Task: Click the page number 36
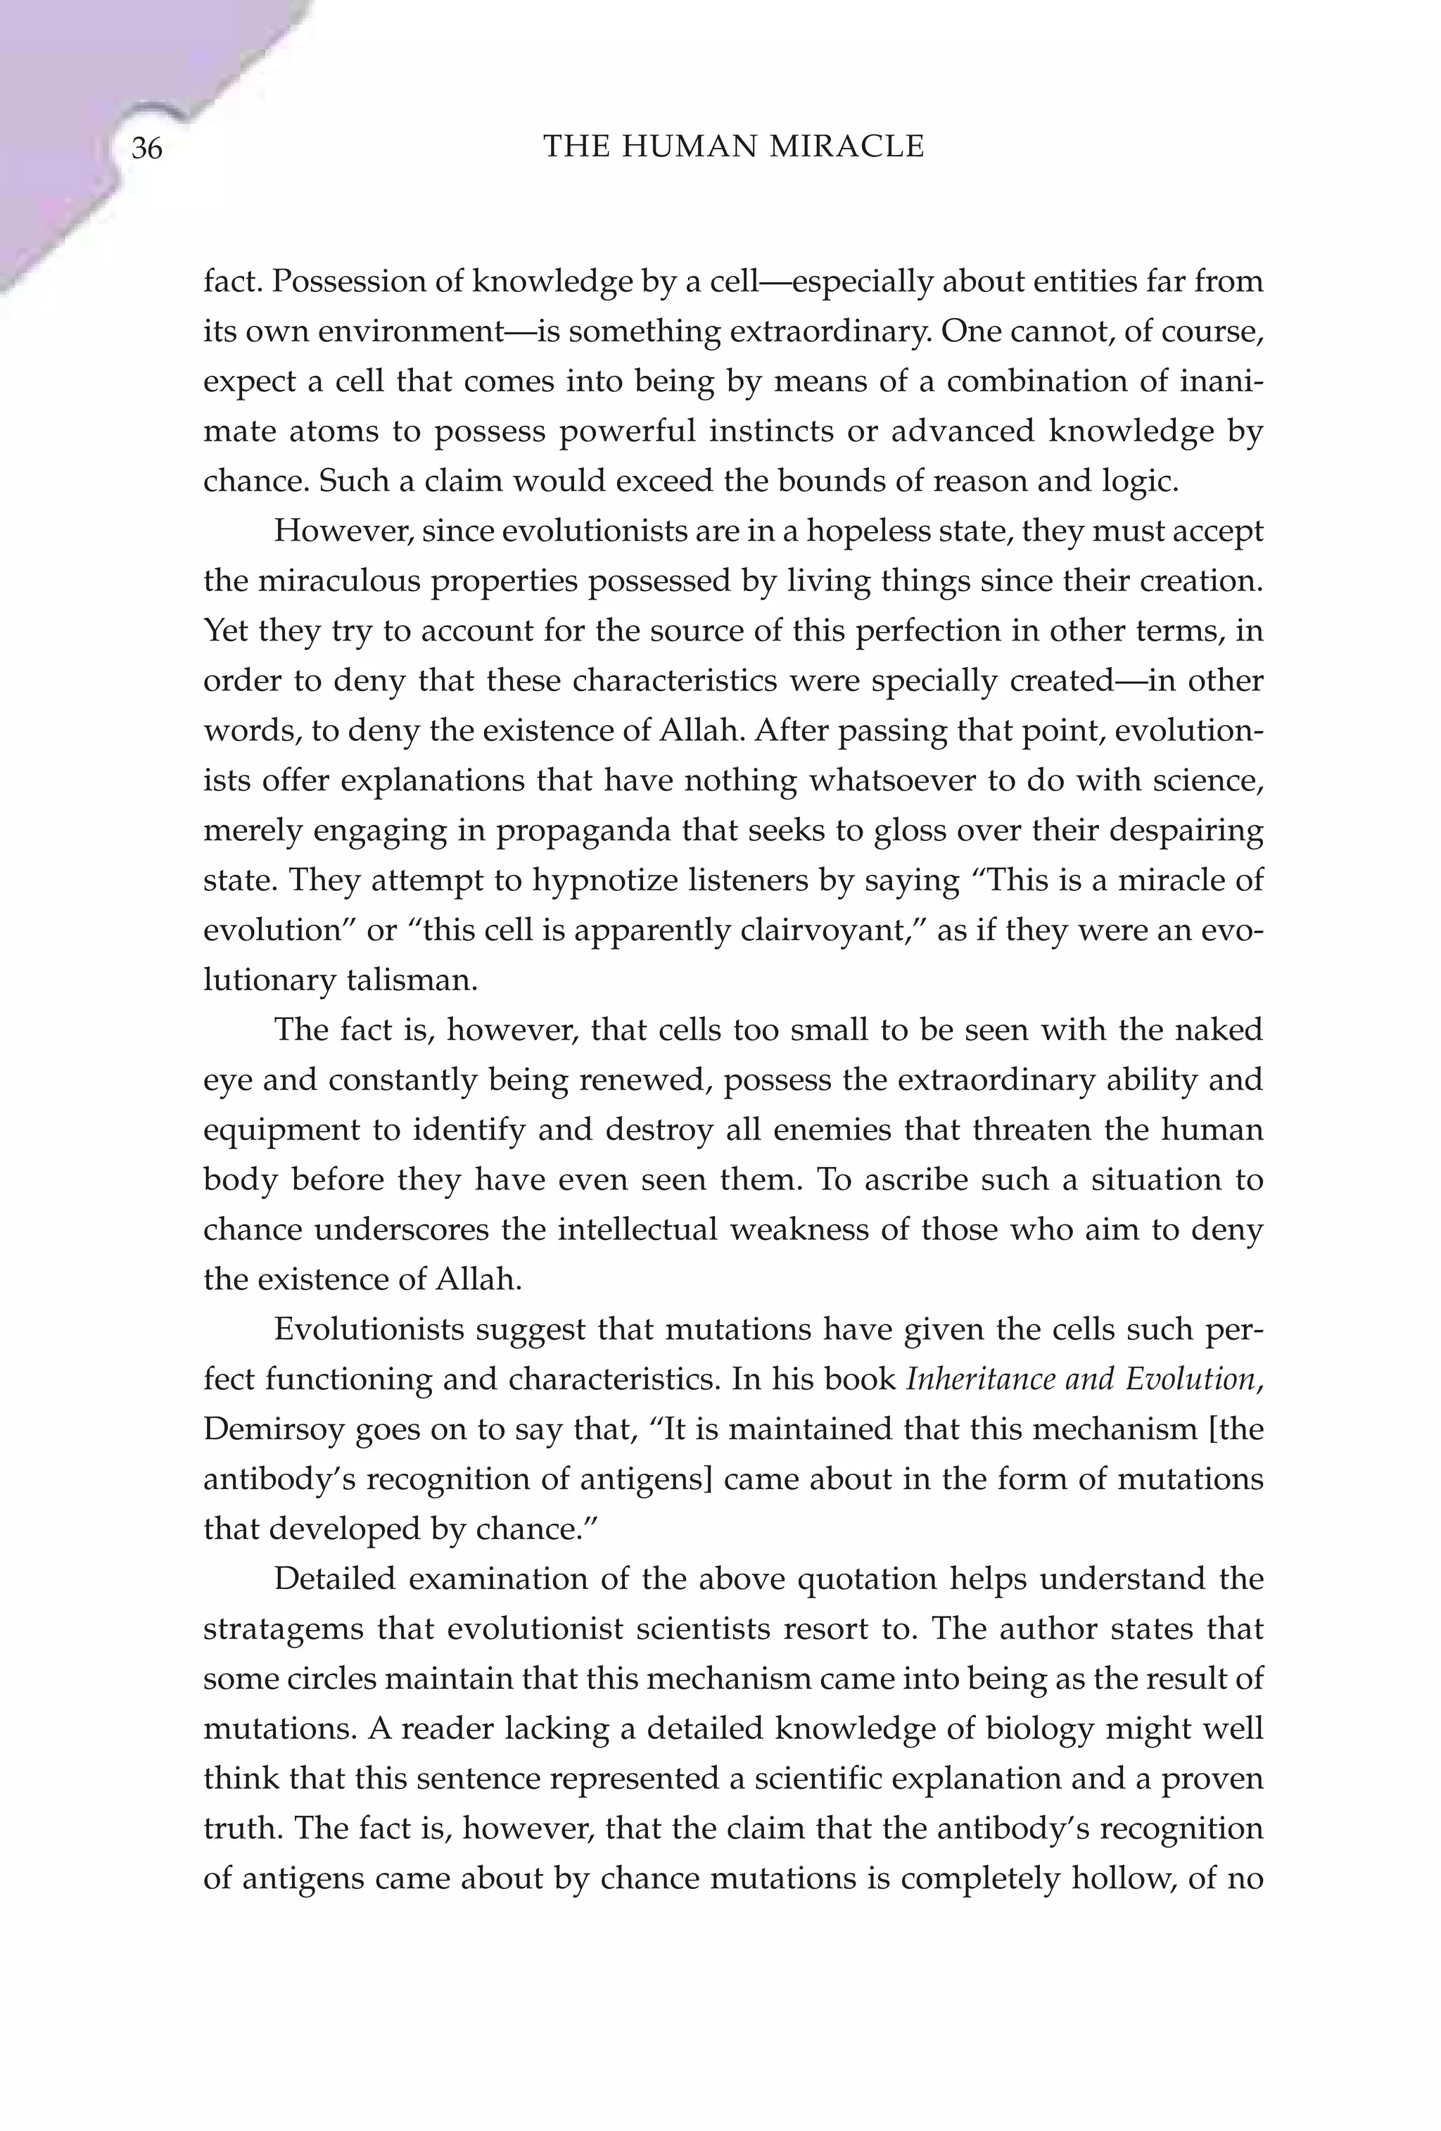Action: coord(146,148)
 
